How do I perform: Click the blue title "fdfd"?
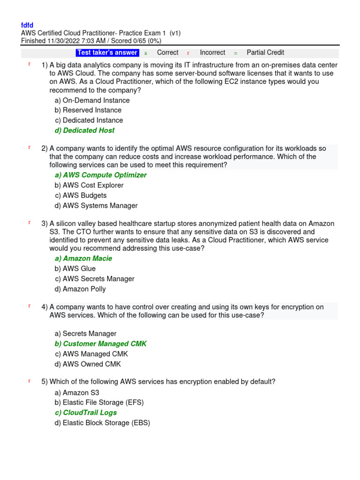pyautogui.click(x=27, y=25)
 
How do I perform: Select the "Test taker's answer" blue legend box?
pyautogui.click(x=107, y=52)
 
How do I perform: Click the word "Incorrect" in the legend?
pyautogui.click(x=212, y=52)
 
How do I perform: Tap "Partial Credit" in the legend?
pyautogui.click(x=265, y=52)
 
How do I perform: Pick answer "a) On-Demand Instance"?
pyautogui.click(x=92, y=100)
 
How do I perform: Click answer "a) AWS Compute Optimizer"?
pyautogui.click(x=100, y=175)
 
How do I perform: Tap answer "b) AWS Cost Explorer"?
pyautogui.click(x=89, y=185)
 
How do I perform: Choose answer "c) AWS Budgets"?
pyautogui.click(x=81, y=195)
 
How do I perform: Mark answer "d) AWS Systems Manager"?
pyautogui.click(x=96, y=205)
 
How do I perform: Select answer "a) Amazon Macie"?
pyautogui.click(x=83, y=258)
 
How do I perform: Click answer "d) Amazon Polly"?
pyautogui.click(x=80, y=289)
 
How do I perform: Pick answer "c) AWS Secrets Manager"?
pyautogui.click(x=94, y=279)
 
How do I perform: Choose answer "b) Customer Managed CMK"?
pyautogui.click(x=100, y=344)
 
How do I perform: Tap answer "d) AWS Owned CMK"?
pyautogui.click(x=88, y=364)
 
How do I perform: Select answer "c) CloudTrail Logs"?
pyautogui.click(x=86, y=412)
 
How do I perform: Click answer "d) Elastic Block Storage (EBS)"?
pyautogui.click(x=102, y=423)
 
